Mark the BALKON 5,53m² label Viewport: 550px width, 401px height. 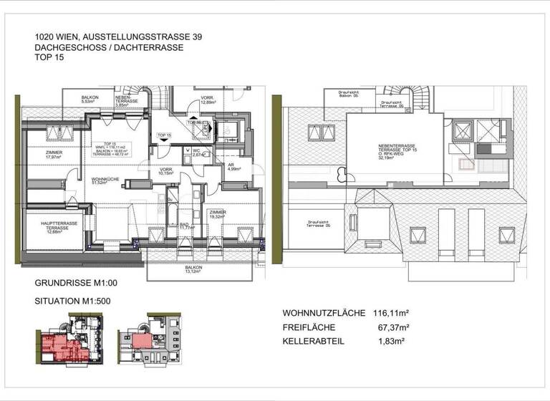click(x=90, y=100)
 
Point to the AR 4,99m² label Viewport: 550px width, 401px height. click(x=233, y=168)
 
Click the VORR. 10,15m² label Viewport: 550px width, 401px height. click(x=165, y=172)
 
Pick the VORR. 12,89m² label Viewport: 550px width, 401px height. click(x=208, y=100)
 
